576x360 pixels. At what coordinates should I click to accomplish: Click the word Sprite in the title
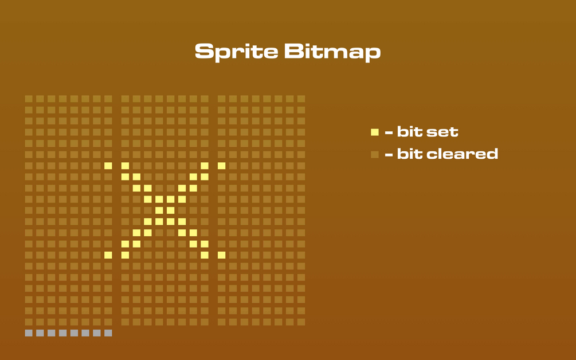pyautogui.click(x=235, y=52)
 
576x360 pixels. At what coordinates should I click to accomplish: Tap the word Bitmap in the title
pyautogui.click(x=332, y=52)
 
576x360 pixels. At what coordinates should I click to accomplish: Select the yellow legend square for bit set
pyautogui.click(x=374, y=132)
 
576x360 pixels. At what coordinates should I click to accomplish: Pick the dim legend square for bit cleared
pyautogui.click(x=374, y=154)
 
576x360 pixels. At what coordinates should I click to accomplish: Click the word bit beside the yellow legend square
pyautogui.click(x=409, y=132)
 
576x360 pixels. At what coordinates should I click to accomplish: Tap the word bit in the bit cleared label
pyautogui.click(x=409, y=154)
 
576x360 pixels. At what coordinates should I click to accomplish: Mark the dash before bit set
pyautogui.click(x=389, y=133)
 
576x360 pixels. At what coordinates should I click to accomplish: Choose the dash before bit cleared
pyautogui.click(x=389, y=155)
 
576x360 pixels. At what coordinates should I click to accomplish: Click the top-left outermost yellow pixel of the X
pyautogui.click(x=108, y=166)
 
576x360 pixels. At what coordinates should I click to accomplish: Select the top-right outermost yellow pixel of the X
pyautogui.click(x=221, y=166)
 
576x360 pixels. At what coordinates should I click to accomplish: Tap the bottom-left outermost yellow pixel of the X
pyautogui.click(x=108, y=255)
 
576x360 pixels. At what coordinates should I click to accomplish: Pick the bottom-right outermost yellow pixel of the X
pyautogui.click(x=221, y=255)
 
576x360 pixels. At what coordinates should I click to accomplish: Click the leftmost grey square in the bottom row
pyautogui.click(x=29, y=333)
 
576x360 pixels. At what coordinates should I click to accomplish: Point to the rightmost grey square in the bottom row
pyautogui.click(x=108, y=333)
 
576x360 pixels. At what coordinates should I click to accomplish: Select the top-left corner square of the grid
pyautogui.click(x=29, y=99)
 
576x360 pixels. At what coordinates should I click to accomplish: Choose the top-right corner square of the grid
pyautogui.click(x=301, y=99)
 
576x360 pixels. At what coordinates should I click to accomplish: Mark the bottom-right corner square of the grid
pyautogui.click(x=301, y=322)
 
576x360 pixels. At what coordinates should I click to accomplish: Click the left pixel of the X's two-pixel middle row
pyautogui.click(x=159, y=210)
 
